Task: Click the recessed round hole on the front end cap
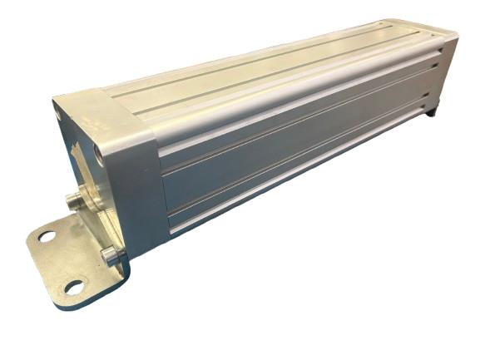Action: tap(100, 151)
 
